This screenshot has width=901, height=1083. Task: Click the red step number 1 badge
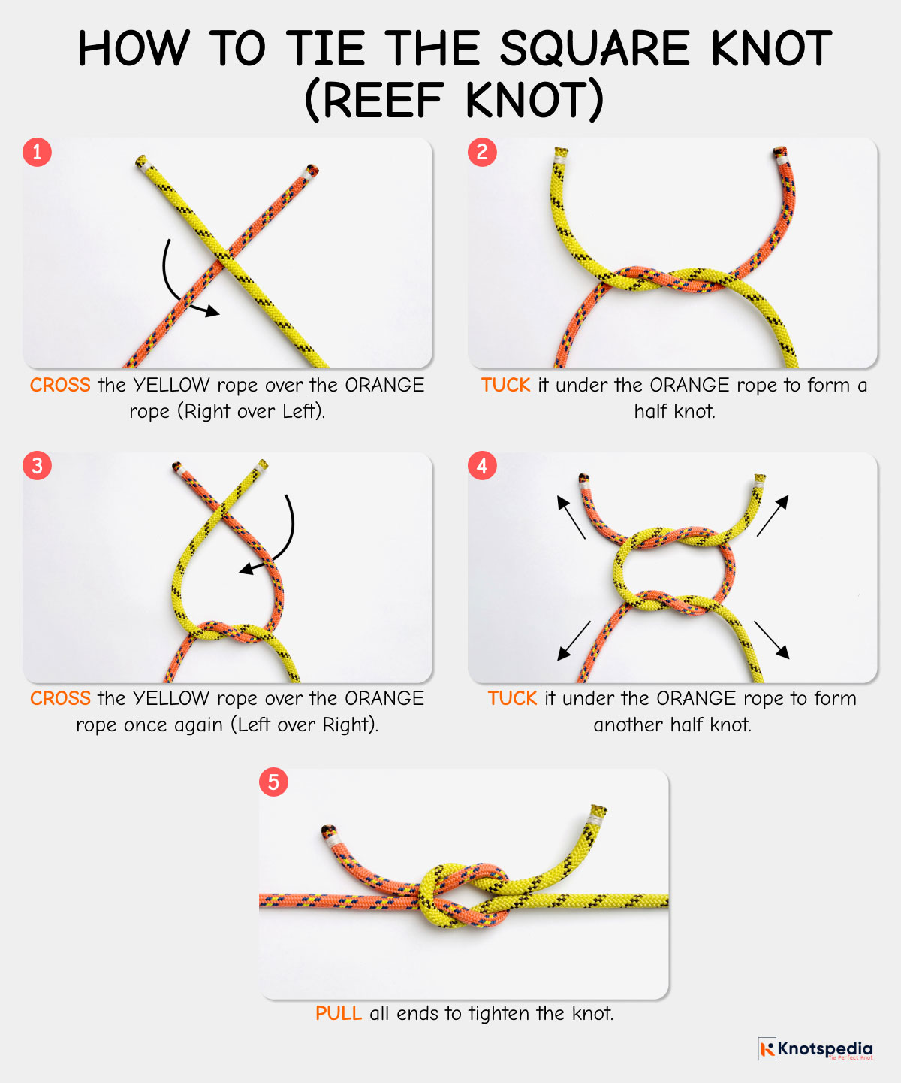[37, 152]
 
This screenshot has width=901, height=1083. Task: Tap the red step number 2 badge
[482, 152]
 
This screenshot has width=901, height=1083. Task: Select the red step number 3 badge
[37, 466]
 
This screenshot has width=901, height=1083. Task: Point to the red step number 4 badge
[482, 466]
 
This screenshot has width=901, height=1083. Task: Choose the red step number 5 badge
[273, 782]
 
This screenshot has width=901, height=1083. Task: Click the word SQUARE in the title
[594, 50]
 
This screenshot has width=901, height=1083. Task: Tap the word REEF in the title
[384, 101]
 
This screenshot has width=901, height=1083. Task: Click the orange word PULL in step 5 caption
[338, 1013]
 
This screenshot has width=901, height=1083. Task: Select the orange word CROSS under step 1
[60, 385]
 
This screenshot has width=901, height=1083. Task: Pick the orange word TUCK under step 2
[505, 385]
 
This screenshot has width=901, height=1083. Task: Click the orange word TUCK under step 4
[512, 698]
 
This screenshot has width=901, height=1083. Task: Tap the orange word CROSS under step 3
[60, 698]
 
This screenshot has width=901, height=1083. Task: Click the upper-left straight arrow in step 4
[571, 517]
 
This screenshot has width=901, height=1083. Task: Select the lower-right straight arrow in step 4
[771, 640]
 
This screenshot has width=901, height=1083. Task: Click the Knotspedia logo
[815, 1049]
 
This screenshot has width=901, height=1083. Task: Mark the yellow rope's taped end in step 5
[598, 812]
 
